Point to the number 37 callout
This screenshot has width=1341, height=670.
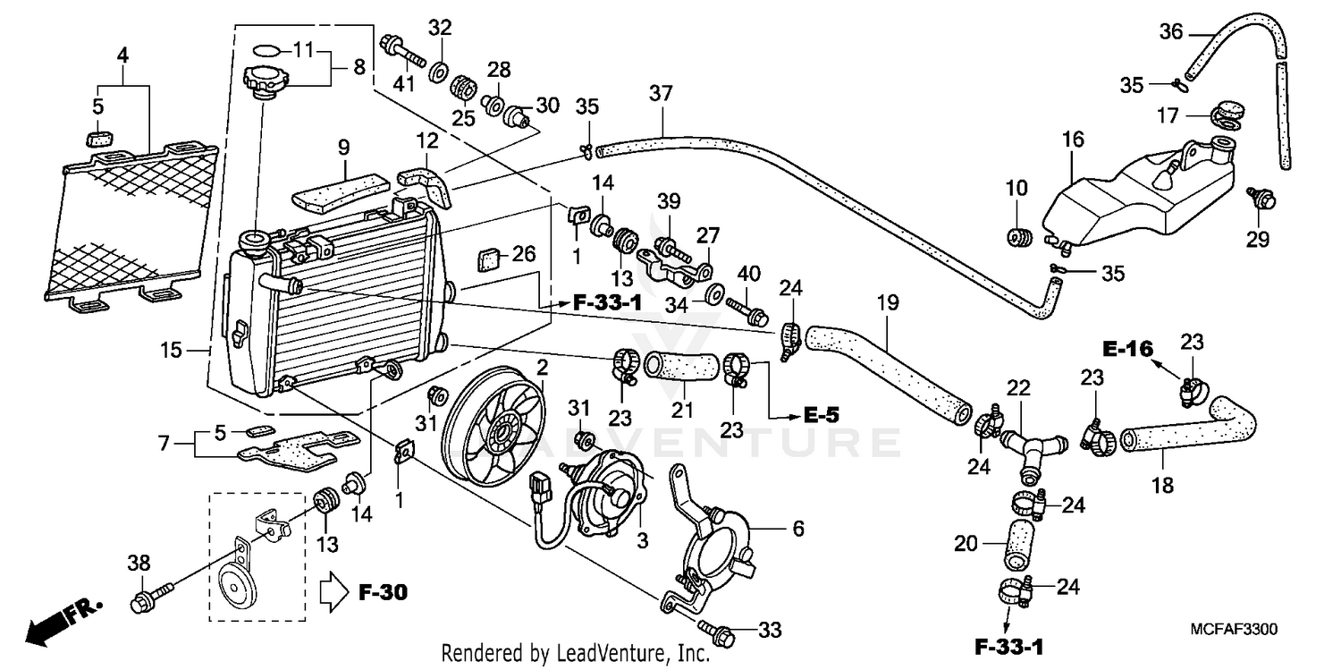[661, 94]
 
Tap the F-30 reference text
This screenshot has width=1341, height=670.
[383, 592]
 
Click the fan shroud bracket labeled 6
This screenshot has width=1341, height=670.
[715, 537]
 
